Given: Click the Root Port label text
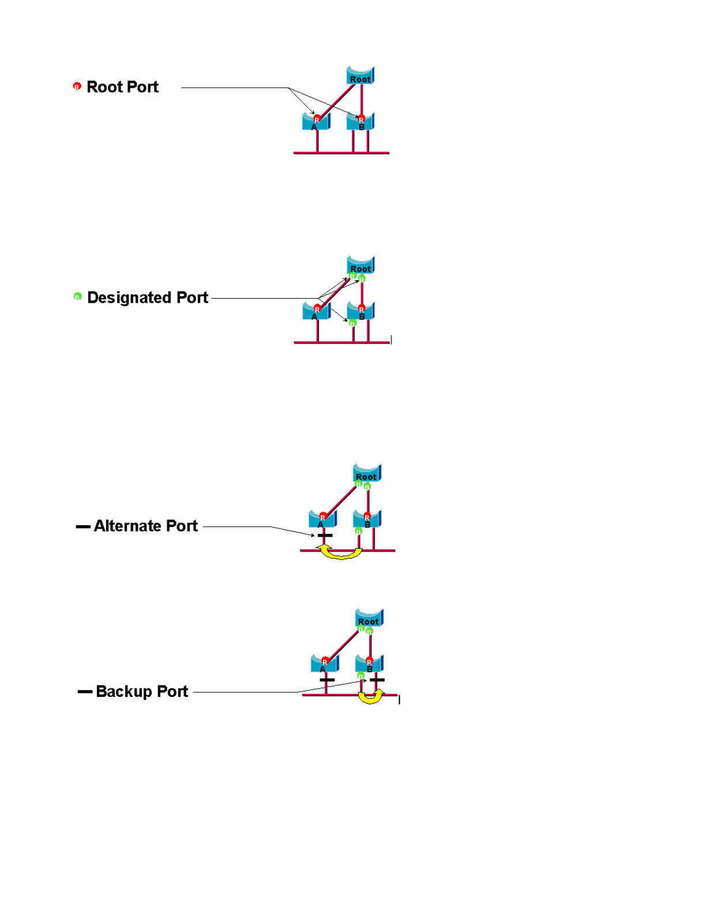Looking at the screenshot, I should (122, 87).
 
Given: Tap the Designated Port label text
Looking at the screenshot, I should (147, 297).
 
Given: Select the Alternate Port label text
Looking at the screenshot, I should (145, 526).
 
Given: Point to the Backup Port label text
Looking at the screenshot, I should (142, 691).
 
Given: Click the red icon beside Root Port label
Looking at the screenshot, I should (77, 86).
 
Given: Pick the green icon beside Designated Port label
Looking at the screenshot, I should (77, 296).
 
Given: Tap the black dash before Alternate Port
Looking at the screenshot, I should (83, 526).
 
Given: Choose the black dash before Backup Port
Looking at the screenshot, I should (85, 692).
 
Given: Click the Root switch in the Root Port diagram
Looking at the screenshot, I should (360, 76).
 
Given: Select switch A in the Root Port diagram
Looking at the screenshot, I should (316, 122).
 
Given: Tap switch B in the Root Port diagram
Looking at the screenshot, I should (361, 122).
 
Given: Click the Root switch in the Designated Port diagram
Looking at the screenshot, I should (361, 265).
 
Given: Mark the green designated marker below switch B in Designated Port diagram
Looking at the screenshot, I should (352, 323).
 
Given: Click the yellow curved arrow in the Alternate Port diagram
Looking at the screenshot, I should (340, 554).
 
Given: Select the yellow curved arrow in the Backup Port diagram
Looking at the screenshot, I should (370, 698).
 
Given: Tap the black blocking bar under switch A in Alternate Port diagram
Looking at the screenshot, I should (325, 535).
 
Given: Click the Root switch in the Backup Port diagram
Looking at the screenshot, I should (369, 618).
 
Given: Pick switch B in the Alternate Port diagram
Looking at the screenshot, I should (367, 519).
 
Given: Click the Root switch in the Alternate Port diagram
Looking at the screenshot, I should (367, 473).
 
